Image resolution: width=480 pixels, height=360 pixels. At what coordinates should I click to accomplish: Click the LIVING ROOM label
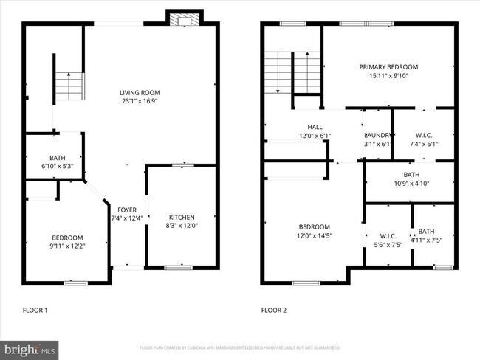(140, 92)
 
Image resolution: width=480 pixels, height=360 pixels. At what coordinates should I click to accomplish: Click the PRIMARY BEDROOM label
(388, 66)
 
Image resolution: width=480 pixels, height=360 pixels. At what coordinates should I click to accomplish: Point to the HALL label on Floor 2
(315, 127)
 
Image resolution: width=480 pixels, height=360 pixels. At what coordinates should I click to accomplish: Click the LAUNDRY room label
(377, 135)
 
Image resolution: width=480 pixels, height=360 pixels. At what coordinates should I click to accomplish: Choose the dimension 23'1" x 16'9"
(140, 102)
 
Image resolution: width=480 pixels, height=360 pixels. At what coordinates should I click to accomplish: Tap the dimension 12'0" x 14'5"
(315, 236)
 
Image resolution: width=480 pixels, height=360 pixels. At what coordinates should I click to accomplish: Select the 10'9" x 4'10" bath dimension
(411, 183)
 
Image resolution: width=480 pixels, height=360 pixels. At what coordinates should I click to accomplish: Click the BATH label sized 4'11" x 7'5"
(426, 240)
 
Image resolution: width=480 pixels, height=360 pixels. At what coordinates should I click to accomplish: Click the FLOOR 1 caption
(35, 311)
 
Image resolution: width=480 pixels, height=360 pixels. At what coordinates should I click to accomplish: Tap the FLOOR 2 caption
(273, 311)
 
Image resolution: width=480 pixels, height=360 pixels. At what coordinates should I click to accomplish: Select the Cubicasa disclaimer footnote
(240, 347)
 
